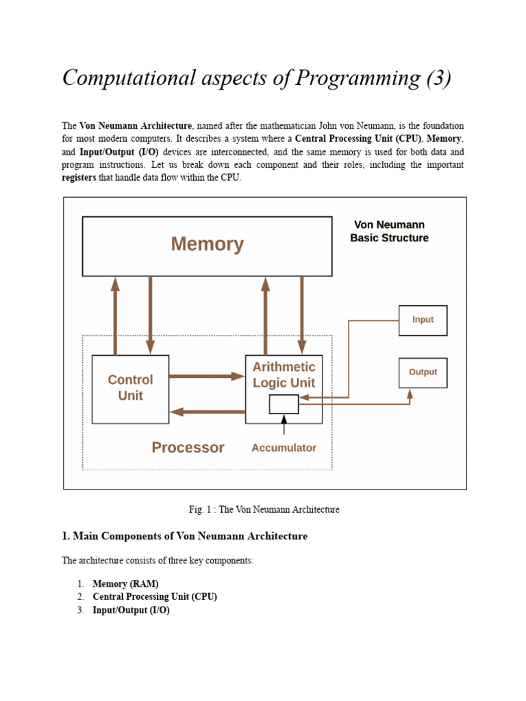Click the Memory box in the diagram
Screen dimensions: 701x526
click(207, 245)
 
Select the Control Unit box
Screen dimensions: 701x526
click(130, 388)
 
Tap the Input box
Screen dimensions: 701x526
click(423, 320)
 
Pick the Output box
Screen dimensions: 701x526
click(423, 372)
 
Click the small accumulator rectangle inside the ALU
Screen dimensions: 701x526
click(284, 405)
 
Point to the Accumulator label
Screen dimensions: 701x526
click(284, 448)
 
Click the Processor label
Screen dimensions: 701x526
click(188, 448)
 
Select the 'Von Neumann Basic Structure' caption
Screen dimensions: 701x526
click(389, 231)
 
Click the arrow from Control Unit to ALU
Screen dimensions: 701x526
click(206, 376)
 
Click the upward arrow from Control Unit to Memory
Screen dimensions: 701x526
click(115, 315)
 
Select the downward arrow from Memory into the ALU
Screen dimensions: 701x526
click(301, 315)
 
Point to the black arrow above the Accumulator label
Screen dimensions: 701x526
click(284, 425)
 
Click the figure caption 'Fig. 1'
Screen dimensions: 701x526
click(264, 509)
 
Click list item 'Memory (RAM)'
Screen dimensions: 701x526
click(125, 584)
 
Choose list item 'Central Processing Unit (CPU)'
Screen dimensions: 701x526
click(155, 597)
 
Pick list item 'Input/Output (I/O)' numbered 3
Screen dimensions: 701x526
click(131, 610)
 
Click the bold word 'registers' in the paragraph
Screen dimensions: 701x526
click(79, 178)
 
